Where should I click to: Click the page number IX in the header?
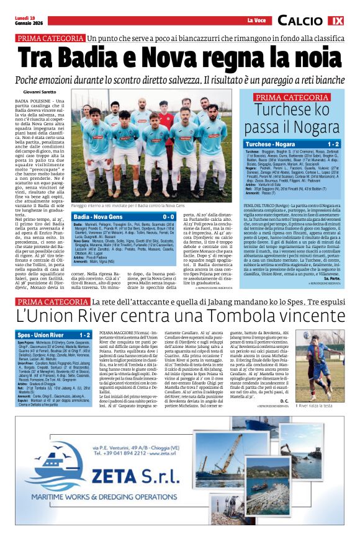(336, 20)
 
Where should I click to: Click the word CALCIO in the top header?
(300, 21)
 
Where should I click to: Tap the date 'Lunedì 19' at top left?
(24, 17)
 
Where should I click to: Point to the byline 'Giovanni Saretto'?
(40, 92)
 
